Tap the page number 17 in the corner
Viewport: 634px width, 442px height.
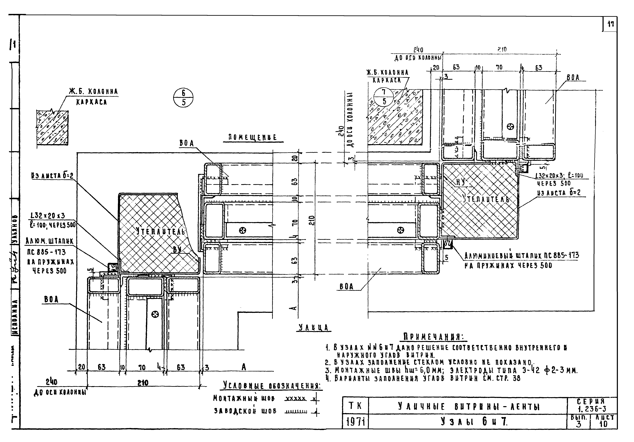pos(610,24)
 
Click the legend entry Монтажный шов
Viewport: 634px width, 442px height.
pos(244,398)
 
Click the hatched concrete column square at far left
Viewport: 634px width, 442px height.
pos(52,127)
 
